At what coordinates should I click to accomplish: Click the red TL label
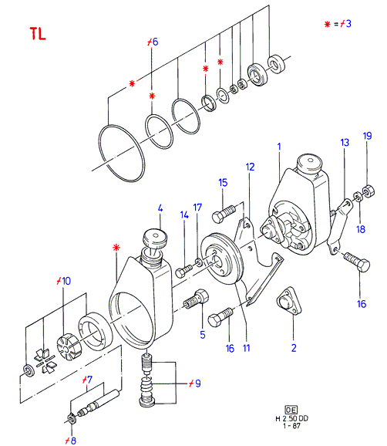tap(38, 33)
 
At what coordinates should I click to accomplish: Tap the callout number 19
tap(368, 136)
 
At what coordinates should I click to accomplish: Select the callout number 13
tap(345, 143)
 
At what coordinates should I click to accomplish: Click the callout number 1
tap(279, 147)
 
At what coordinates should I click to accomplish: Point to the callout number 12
tap(250, 167)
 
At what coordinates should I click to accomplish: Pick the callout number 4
tap(160, 208)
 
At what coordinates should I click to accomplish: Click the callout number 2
tap(294, 348)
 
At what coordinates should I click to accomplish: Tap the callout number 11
tap(247, 348)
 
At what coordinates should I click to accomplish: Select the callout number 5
tap(202, 335)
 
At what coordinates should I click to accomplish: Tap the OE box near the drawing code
tap(291, 410)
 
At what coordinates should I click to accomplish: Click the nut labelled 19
tap(368, 191)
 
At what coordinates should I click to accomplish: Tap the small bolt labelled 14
tap(183, 271)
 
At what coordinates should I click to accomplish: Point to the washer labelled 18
tap(358, 197)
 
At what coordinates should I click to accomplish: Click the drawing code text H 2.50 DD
tap(291, 418)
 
